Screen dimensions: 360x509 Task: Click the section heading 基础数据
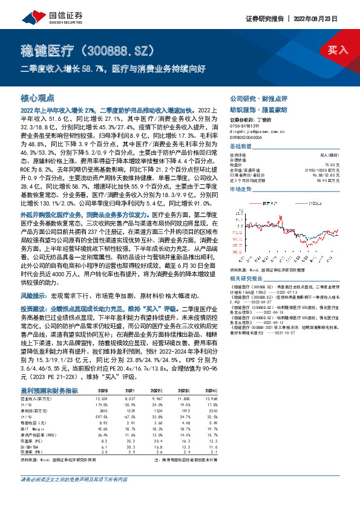tap(240, 147)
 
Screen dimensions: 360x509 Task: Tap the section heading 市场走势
tap(240, 190)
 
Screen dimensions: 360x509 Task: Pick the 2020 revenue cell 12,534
tap(100, 399)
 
